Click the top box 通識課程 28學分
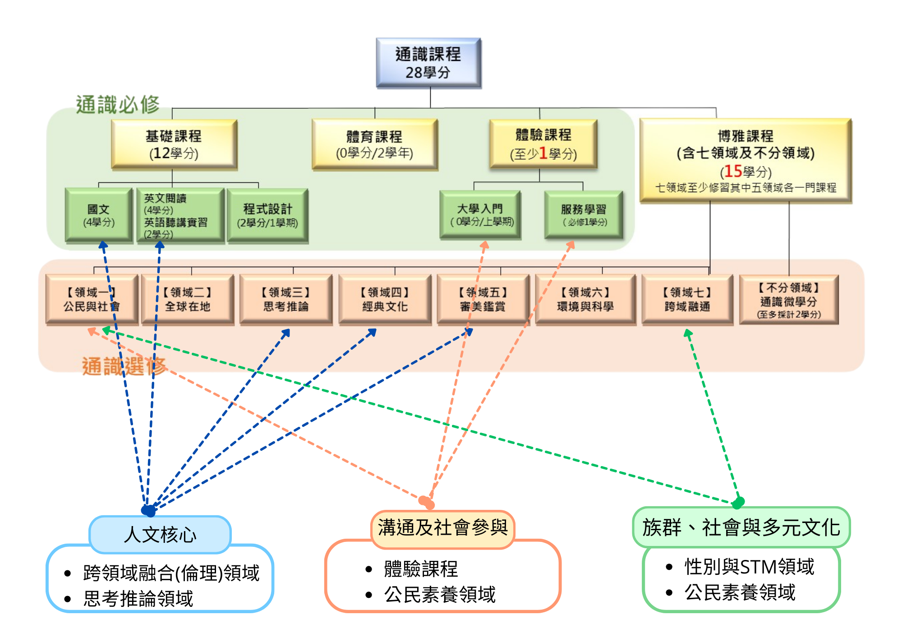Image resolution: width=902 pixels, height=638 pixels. (428, 63)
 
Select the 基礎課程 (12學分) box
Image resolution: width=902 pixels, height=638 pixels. (174, 144)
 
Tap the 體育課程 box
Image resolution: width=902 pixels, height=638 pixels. (374, 144)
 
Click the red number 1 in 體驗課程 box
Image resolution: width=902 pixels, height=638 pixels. (543, 153)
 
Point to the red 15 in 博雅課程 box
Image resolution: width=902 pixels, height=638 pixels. (733, 171)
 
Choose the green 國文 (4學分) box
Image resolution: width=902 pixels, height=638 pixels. (99, 215)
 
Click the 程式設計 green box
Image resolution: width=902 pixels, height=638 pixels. (267, 216)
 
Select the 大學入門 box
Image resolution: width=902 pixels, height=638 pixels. (480, 215)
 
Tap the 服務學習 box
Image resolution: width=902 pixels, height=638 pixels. (584, 215)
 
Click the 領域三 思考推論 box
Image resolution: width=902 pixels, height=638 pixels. (286, 299)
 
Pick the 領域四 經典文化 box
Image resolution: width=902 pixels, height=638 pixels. (385, 299)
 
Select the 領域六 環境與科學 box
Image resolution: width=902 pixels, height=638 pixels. (585, 299)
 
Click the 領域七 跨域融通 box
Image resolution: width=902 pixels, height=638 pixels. (687, 299)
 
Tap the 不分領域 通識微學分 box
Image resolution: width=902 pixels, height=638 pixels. (789, 300)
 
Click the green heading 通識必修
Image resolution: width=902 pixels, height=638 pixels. (118, 105)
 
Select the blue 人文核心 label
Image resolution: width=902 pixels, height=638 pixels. (160, 535)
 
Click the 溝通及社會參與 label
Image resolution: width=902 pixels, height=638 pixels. (442, 527)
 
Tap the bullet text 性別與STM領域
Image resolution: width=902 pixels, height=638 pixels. (749, 567)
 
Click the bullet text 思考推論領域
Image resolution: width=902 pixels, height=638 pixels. (138, 599)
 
